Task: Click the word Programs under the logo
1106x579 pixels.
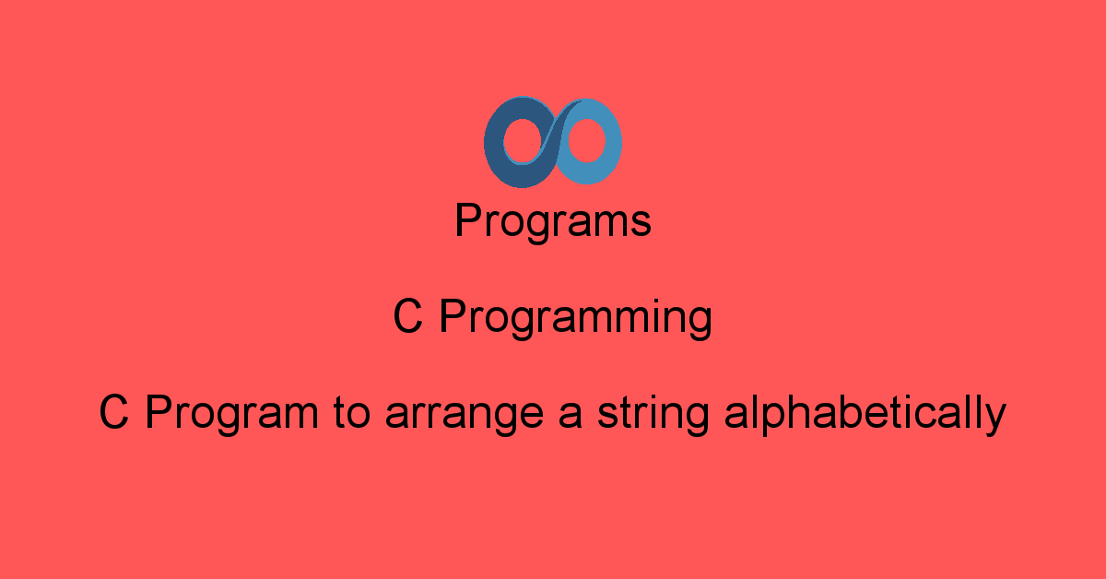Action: [553, 221]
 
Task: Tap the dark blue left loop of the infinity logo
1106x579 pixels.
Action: [495, 148]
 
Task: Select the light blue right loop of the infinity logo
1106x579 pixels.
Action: [611, 143]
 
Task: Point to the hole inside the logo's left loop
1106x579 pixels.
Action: [523, 141]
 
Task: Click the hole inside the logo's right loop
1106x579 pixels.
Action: [586, 141]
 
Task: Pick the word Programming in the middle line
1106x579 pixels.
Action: [576, 318]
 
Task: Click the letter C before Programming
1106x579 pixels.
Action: [407, 316]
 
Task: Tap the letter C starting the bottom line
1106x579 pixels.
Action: [114, 412]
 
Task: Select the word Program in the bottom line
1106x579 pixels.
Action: [232, 414]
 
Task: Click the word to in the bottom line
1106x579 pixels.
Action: [351, 413]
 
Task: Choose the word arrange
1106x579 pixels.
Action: [465, 417]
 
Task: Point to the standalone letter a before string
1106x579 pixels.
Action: [571, 417]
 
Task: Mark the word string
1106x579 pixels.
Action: [653, 415]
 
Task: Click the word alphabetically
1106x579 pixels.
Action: [865, 414]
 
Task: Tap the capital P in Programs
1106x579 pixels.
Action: [469, 219]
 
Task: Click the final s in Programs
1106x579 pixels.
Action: [641, 225]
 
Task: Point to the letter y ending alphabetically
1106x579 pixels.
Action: [994, 420]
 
